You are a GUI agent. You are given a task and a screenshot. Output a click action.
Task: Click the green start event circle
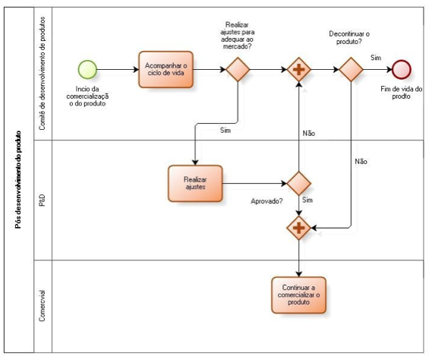click(x=87, y=69)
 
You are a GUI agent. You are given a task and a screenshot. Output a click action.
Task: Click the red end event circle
click(x=402, y=69)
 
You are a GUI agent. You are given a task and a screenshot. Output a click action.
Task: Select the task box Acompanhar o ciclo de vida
click(x=166, y=69)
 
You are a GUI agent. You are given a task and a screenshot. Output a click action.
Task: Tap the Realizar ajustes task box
click(x=195, y=184)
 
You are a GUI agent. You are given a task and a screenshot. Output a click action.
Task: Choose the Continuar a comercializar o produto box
click(x=298, y=295)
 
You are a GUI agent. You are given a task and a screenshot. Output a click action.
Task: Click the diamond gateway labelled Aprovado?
click(x=298, y=183)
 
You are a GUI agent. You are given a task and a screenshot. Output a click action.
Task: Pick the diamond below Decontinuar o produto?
click(x=351, y=69)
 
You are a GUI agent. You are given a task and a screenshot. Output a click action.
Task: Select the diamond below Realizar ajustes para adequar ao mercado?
click(x=238, y=69)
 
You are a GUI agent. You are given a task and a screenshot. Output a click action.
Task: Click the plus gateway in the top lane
click(x=298, y=69)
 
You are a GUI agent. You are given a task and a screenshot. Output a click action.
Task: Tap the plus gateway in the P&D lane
click(x=298, y=228)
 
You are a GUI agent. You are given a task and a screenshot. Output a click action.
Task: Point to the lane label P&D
click(x=43, y=201)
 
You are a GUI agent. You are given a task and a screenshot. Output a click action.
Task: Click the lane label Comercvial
click(x=43, y=306)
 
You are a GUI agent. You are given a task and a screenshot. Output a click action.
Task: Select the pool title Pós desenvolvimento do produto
click(x=18, y=180)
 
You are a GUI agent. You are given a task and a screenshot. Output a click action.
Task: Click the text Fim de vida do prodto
click(x=401, y=93)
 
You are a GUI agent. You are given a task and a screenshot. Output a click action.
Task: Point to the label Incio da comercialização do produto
click(x=87, y=96)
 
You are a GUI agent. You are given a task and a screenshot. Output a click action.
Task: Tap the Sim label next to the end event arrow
click(x=376, y=58)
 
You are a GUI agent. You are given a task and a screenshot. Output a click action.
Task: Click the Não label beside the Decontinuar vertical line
click(x=361, y=162)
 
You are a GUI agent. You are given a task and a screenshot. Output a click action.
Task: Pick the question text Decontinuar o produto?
click(x=349, y=38)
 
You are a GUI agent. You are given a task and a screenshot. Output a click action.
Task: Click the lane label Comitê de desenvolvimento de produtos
click(x=43, y=74)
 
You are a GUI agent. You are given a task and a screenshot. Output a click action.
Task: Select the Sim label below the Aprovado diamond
click(x=307, y=200)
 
